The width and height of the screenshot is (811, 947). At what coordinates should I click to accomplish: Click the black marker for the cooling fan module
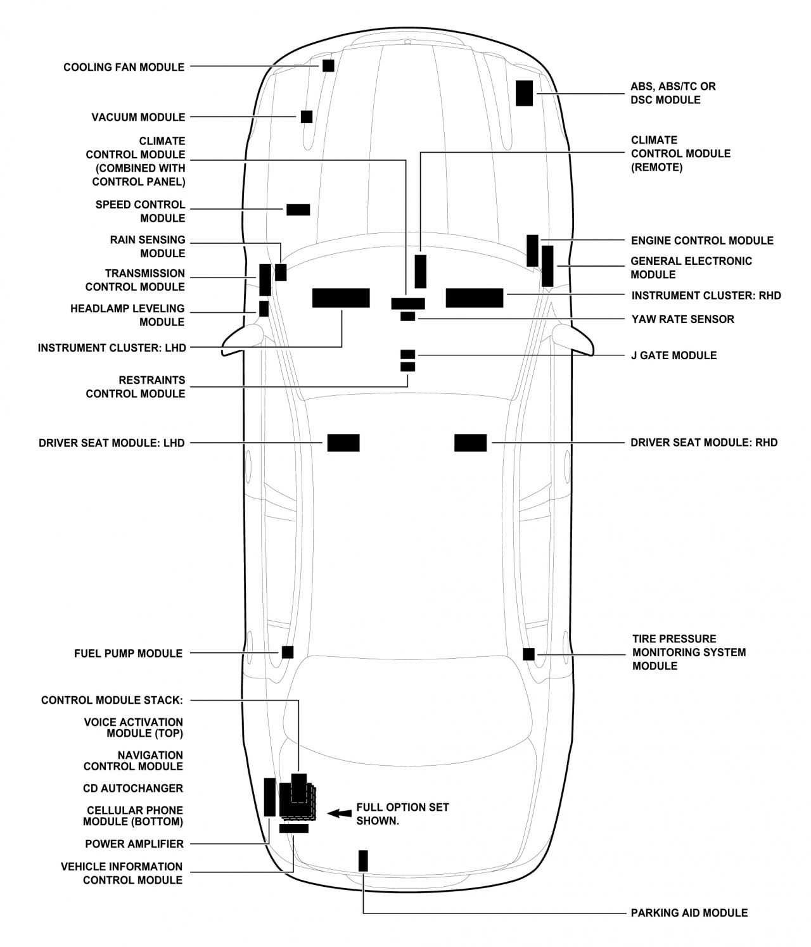click(328, 65)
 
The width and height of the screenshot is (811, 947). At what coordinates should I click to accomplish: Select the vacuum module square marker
click(307, 117)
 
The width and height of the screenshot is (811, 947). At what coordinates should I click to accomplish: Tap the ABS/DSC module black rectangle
click(524, 93)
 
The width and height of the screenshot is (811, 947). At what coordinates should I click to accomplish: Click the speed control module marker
click(298, 210)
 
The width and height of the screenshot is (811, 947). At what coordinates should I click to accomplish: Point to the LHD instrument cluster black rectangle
click(341, 298)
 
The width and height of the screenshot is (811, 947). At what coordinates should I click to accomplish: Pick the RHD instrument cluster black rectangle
click(475, 298)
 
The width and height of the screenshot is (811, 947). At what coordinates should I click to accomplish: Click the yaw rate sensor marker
click(407, 317)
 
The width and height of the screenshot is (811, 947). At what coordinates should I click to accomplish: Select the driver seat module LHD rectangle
click(343, 443)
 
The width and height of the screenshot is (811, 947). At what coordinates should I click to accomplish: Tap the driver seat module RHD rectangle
click(471, 443)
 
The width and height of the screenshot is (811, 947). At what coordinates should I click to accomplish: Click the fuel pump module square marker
click(288, 652)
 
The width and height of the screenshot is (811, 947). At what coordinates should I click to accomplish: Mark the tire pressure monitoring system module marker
click(528, 654)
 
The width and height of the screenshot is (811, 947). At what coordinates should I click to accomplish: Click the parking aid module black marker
click(363, 860)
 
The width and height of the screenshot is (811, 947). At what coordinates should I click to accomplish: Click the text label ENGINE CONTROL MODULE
click(702, 241)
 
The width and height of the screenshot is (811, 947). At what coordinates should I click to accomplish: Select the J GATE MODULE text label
click(674, 355)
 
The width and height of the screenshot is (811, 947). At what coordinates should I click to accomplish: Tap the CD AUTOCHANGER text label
click(133, 788)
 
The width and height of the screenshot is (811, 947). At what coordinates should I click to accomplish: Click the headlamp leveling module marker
click(264, 308)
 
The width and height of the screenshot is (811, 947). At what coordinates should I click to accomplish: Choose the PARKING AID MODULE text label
click(689, 913)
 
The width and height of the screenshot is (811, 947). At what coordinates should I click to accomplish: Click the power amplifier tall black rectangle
click(269, 797)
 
